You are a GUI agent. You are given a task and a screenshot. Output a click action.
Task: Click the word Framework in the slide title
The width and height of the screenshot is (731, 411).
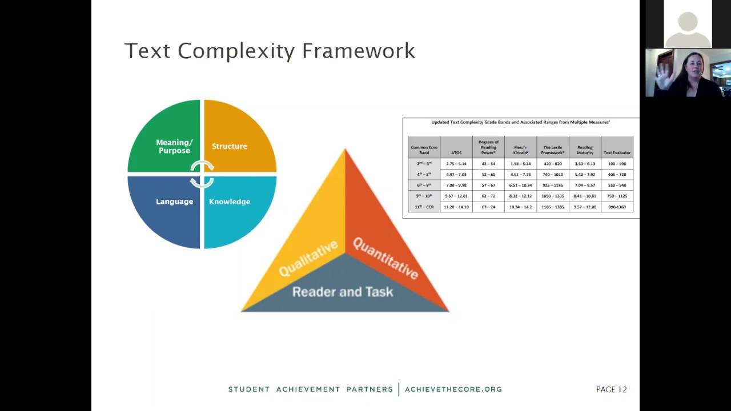(x=358, y=51)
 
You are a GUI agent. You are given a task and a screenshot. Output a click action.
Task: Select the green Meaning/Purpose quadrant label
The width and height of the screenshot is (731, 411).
(x=174, y=147)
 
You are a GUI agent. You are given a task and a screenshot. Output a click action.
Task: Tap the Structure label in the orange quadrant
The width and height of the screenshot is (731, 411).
(x=230, y=147)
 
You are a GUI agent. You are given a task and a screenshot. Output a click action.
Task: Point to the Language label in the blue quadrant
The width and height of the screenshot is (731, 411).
(x=174, y=202)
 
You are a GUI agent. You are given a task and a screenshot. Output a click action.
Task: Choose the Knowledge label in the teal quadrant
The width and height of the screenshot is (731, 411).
(x=230, y=202)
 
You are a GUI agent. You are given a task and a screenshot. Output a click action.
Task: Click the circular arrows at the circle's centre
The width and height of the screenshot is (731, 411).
(x=202, y=174)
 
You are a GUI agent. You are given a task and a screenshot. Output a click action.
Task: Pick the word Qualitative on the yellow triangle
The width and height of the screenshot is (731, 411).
(x=308, y=259)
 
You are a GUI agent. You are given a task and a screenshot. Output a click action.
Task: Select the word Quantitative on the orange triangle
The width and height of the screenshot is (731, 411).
(x=385, y=259)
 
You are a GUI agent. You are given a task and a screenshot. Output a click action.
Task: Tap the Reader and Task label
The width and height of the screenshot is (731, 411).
(x=343, y=292)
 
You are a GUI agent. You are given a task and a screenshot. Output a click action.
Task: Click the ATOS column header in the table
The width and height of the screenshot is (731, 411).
(x=456, y=153)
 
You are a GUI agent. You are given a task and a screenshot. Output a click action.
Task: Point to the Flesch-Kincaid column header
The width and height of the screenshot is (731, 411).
(x=520, y=150)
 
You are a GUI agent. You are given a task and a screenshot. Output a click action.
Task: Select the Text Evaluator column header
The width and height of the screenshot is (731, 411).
(x=617, y=153)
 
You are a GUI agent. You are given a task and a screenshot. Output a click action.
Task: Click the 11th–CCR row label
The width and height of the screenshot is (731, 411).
(x=424, y=207)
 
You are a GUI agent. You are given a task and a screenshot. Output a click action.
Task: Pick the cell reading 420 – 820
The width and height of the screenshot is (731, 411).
(x=552, y=164)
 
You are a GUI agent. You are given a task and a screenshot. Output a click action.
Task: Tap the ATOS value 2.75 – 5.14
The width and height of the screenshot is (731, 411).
(x=456, y=164)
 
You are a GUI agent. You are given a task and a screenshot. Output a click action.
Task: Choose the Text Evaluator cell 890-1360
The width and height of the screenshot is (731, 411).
(x=617, y=207)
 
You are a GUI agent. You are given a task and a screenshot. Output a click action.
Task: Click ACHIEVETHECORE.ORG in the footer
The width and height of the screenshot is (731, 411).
(x=453, y=389)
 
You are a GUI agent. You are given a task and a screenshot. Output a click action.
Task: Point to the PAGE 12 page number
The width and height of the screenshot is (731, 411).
(x=611, y=389)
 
